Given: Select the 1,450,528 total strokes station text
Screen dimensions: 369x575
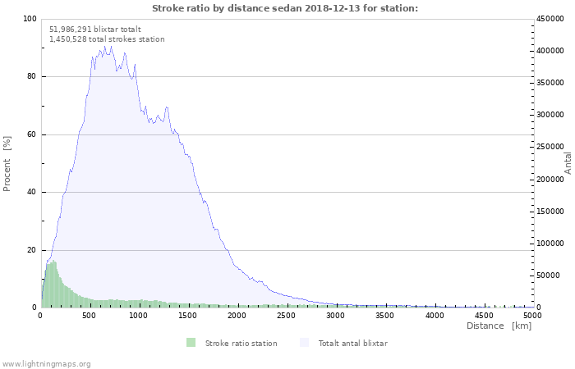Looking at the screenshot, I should coord(107,39).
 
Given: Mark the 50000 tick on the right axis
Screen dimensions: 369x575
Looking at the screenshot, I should coord(549,276).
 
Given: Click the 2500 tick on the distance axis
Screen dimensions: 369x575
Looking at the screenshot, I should coord(286,315).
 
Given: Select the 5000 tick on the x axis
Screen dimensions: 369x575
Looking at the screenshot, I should coord(532,315).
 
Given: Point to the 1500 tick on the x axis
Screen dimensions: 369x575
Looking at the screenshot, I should coord(188,315).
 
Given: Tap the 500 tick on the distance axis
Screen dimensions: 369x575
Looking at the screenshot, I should coord(90,315).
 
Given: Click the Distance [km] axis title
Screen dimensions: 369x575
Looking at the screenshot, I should coord(499,326).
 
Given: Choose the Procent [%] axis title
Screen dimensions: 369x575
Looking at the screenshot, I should coord(7,164).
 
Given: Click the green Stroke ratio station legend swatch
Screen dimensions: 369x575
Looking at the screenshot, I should coord(191,343).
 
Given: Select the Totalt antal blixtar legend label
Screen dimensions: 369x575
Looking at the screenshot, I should coord(352,344).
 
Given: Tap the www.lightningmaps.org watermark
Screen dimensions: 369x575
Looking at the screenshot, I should coord(46,363).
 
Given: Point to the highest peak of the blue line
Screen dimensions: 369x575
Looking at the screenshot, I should coord(105,47).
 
